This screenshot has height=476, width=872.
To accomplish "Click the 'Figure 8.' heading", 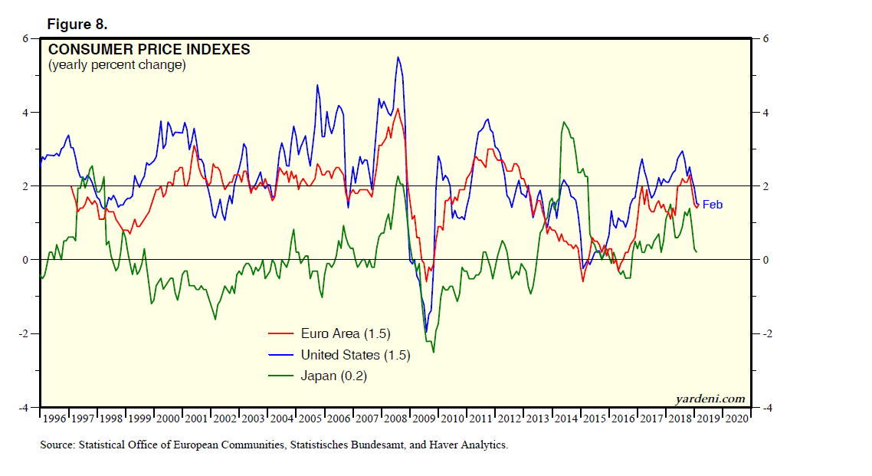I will [77, 24].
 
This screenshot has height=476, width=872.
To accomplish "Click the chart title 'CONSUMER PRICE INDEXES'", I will [149, 50].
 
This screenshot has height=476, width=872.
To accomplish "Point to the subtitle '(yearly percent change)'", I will [116, 65].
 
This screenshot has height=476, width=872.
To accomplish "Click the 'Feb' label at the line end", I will [713, 205].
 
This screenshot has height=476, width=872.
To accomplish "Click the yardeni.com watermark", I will [710, 399].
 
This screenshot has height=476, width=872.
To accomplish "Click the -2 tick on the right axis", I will [765, 334].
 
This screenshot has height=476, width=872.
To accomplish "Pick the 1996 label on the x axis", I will [54, 419].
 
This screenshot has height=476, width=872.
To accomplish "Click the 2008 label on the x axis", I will [396, 419].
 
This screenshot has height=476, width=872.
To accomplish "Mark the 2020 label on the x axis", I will [736, 419].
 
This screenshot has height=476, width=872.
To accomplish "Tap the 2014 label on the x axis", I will [566, 419].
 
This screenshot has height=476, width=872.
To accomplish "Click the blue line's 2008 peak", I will [398, 57].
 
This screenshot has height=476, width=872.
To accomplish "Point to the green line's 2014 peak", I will [564, 122].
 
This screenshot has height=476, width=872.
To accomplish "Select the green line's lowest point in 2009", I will [434, 353].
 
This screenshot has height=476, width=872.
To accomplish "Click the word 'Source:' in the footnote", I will [58, 445].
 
